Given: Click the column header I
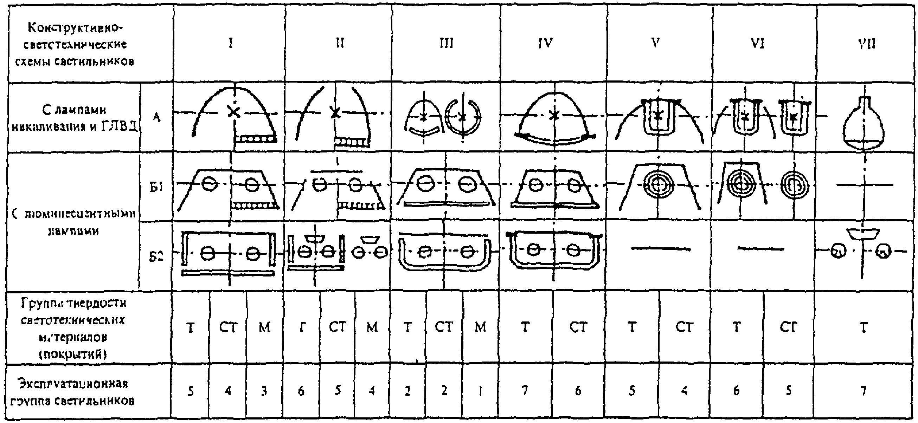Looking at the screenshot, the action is tap(231, 44).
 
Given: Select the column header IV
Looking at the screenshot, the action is tap(545, 44).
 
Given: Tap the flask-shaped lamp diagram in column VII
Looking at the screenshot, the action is tap(864, 123).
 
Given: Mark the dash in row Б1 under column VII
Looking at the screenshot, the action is tap(865, 185).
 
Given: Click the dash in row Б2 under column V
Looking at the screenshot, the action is tap(660, 249).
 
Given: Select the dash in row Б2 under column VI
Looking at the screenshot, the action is tap(760, 248).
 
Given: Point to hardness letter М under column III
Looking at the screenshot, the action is tap(480, 327).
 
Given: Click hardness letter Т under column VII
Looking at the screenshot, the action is tap(864, 327).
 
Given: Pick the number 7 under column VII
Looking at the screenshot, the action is tap(864, 391).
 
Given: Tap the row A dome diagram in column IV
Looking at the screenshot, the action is tap(554, 119).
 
